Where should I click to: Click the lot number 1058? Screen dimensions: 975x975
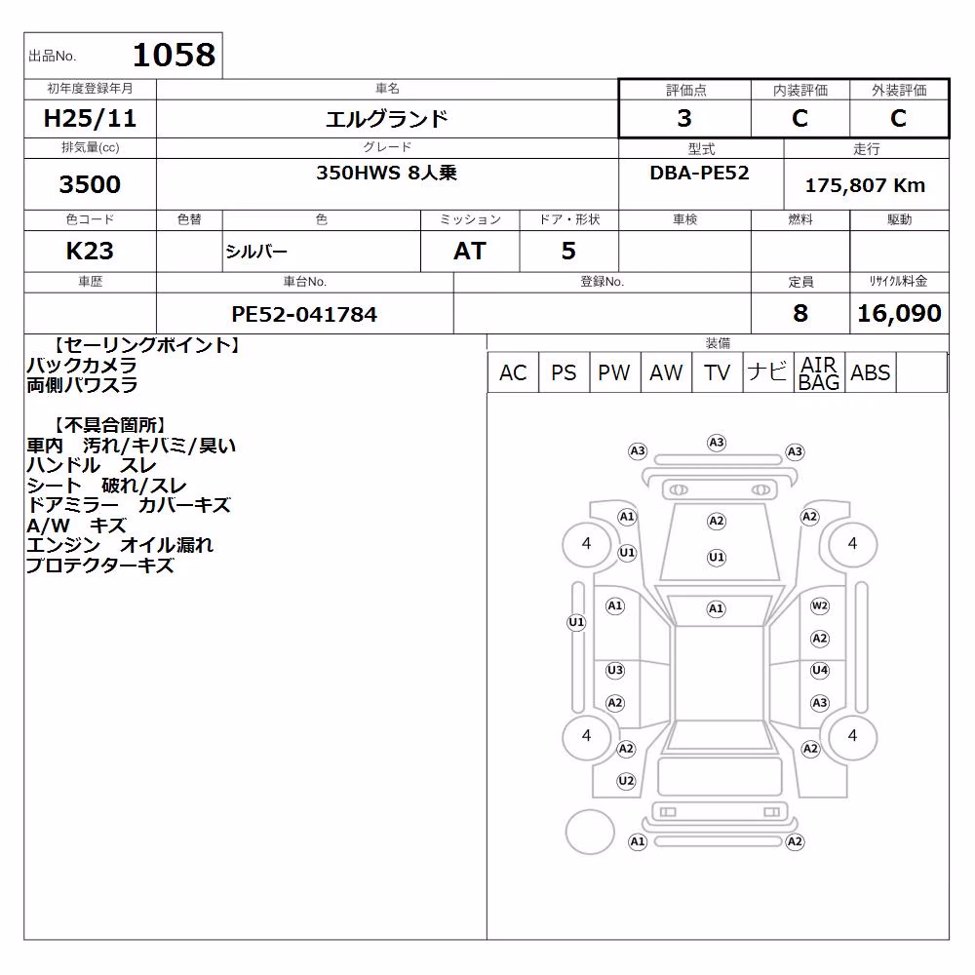[x=175, y=55]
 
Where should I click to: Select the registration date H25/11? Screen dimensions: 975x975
[x=90, y=118]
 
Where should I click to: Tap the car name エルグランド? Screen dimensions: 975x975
[x=387, y=118]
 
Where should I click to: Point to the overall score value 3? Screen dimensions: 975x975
[x=684, y=118]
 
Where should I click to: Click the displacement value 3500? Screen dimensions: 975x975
[x=90, y=184]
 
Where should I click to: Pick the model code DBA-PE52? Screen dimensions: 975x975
[x=699, y=173]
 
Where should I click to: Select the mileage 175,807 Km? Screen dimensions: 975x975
[x=865, y=185]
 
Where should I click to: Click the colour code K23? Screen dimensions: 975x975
[x=90, y=252]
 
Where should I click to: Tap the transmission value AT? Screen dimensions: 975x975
[x=470, y=252]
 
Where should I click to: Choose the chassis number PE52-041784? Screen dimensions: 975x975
[x=304, y=314]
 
